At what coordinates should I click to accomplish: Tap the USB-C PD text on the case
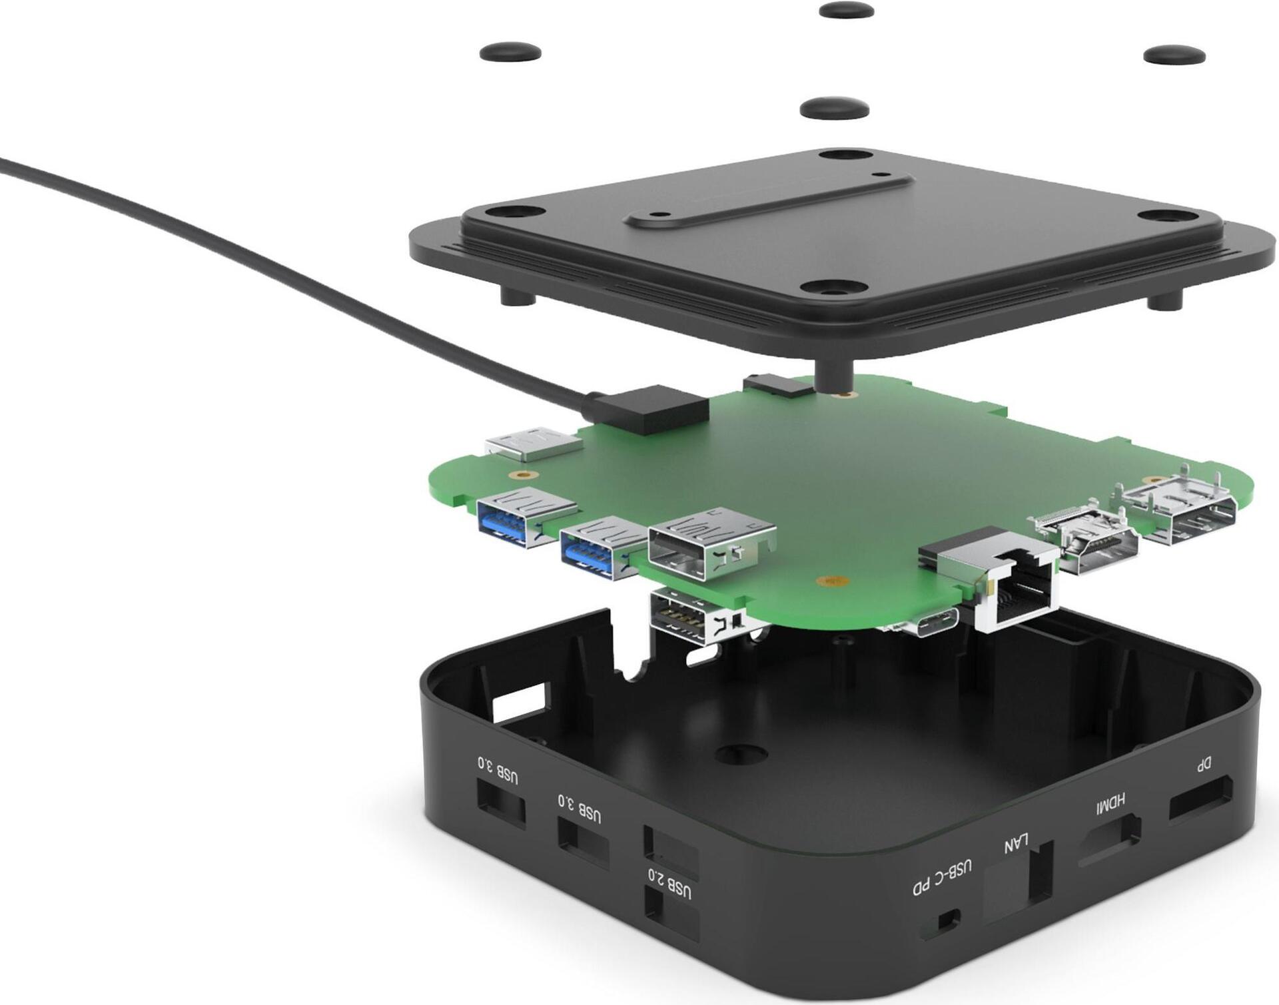pyautogui.click(x=943, y=878)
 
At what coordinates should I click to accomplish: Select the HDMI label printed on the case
pyautogui.click(x=1110, y=803)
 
